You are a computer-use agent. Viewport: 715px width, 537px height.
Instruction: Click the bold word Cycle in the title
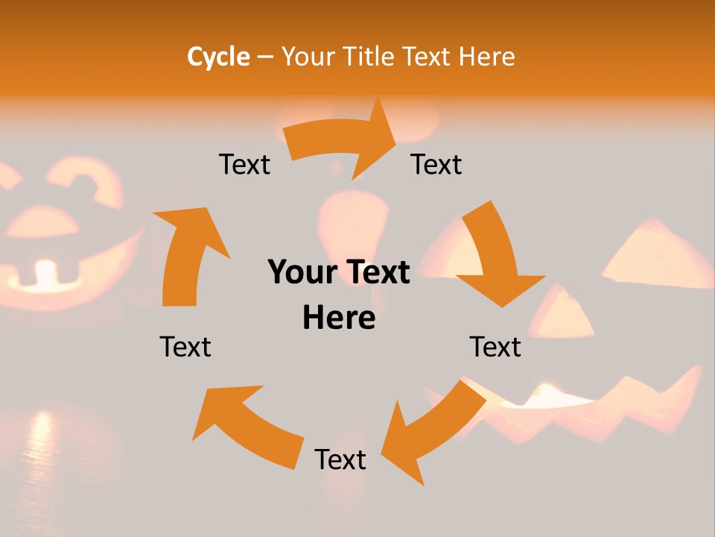tap(218, 57)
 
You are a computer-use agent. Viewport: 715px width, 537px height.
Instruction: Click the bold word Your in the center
tap(302, 272)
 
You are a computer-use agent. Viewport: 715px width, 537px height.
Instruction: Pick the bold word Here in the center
tap(339, 318)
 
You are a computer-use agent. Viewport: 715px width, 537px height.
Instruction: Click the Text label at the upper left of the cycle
tap(244, 165)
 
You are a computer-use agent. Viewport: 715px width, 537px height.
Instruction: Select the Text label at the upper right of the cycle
tap(436, 165)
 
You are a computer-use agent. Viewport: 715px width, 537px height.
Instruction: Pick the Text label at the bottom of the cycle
tap(340, 460)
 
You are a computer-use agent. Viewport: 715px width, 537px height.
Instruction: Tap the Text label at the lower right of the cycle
tap(495, 348)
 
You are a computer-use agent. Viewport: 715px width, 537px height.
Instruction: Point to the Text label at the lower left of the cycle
tap(185, 348)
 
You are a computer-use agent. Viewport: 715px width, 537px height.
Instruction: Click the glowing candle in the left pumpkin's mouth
tap(46, 273)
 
